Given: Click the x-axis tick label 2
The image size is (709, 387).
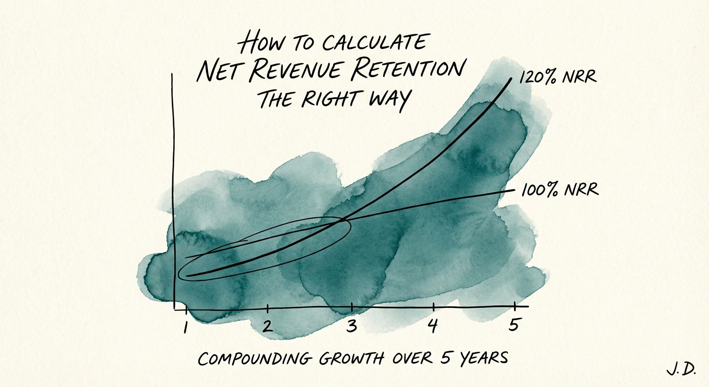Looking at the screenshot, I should coord(267,326).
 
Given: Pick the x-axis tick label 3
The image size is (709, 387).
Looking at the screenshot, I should coord(351,327).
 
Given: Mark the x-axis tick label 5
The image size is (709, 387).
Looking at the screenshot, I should coord(514,326).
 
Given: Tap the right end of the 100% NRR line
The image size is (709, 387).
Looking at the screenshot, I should coord(515,190).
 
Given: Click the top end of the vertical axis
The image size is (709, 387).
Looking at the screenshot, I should coord(172,74).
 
